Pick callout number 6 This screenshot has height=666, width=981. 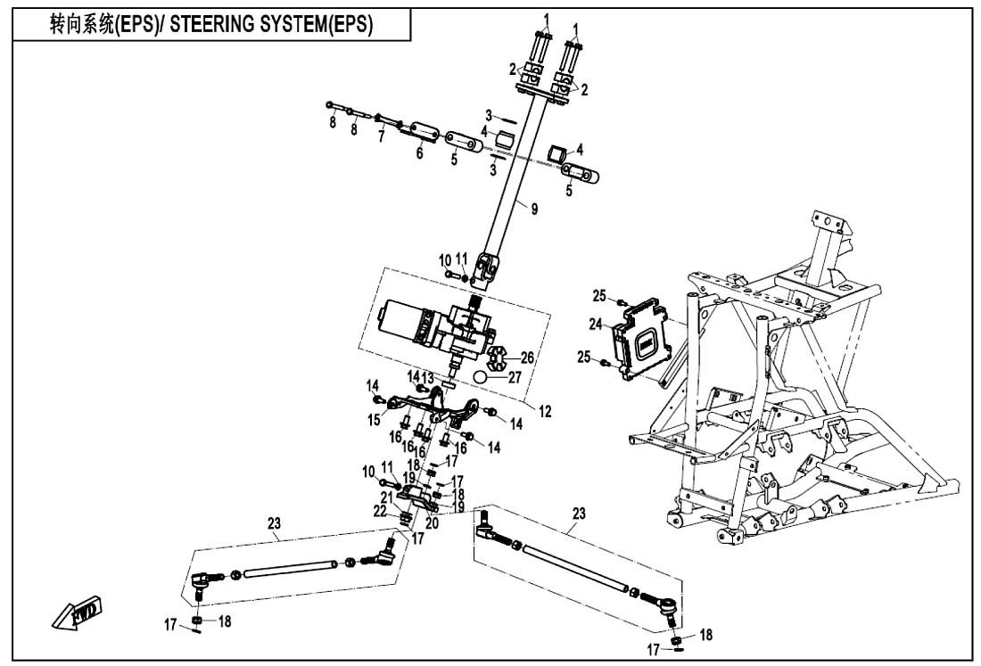pos(418,152)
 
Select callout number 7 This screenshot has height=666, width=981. pos(381,139)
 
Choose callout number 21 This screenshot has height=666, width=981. pos(387,497)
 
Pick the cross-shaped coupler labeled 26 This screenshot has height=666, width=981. pos(495,359)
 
